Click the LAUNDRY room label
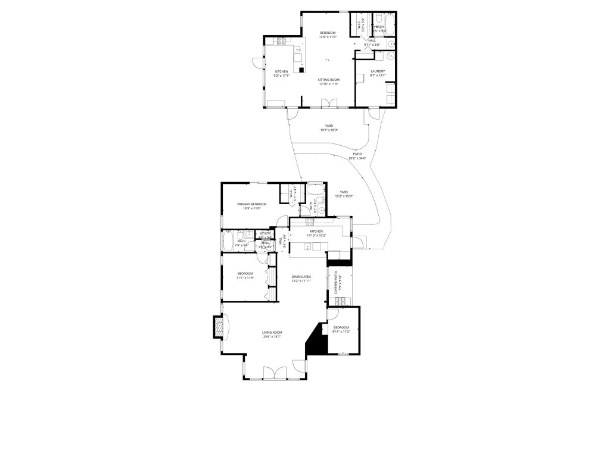pyautogui.click(x=377, y=71)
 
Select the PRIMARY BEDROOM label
pyautogui.click(x=251, y=204)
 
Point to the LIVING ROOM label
pyautogui.click(x=272, y=333)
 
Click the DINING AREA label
pyautogui.click(x=301, y=277)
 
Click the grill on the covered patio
pyautogui.click(x=340, y=302)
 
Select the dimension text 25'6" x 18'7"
pyautogui.click(x=272, y=337)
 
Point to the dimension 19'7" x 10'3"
pyautogui.click(x=329, y=130)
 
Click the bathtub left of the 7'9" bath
pyautogui.click(x=227, y=242)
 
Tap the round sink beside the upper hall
pyautogui.click(x=391, y=43)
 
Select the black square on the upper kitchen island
pyautogui.click(x=301, y=69)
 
